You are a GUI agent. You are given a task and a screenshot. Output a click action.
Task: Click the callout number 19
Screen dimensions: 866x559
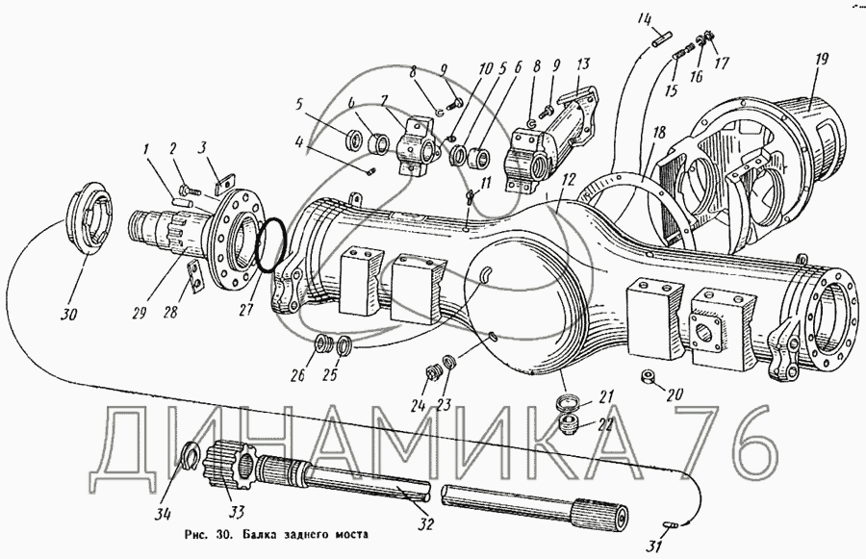(x=822, y=59)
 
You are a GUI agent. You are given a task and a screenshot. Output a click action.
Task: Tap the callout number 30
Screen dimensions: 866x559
(x=68, y=315)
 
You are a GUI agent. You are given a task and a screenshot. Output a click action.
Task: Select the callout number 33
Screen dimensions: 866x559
(x=237, y=513)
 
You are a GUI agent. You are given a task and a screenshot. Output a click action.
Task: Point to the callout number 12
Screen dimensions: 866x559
(x=569, y=179)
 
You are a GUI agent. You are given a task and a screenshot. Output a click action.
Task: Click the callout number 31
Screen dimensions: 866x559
(x=654, y=546)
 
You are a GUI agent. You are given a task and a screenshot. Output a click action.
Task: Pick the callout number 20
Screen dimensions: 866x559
(x=675, y=394)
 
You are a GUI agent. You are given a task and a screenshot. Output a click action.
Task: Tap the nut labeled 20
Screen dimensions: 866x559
(x=647, y=377)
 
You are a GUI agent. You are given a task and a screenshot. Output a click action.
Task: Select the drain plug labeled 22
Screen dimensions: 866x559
(x=569, y=425)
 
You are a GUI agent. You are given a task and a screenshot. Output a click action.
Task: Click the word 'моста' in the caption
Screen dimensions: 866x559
(x=348, y=535)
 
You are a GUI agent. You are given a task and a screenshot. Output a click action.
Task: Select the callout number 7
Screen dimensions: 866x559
(x=384, y=103)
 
